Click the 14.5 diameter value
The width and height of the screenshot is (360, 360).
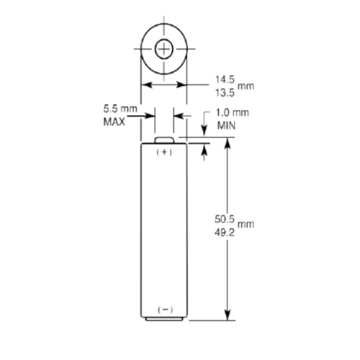click(225, 79)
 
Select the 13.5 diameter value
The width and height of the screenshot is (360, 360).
click(225, 92)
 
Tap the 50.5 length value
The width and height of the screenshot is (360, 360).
click(224, 219)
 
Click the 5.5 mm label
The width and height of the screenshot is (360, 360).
click(120, 108)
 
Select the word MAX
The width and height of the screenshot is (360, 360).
click(114, 122)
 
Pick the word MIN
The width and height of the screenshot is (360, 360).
click(226, 126)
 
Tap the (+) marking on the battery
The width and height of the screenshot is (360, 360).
click(164, 152)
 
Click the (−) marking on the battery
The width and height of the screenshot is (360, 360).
click(165, 310)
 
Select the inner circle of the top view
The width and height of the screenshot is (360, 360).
click(164, 49)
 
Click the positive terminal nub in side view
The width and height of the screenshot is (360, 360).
click(164, 140)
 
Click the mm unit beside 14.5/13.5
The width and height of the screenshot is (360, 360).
click(246, 86)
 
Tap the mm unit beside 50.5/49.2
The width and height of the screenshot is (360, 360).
click(246, 224)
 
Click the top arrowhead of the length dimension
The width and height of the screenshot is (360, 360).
click(228, 142)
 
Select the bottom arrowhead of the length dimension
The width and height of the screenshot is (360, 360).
click(228, 315)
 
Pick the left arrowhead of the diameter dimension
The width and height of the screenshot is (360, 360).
click(146, 85)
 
